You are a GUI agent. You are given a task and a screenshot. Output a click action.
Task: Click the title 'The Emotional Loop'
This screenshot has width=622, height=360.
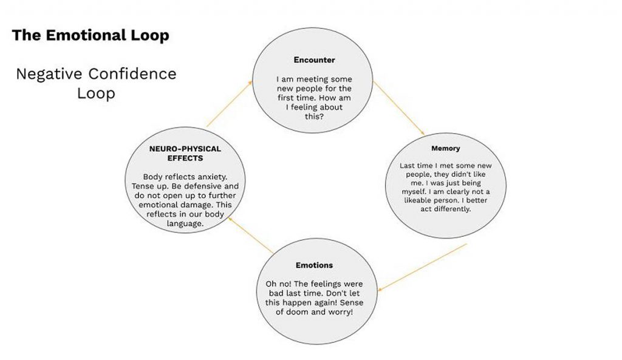(90, 35)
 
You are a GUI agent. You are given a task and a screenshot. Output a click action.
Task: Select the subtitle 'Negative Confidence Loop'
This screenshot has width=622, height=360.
(96, 83)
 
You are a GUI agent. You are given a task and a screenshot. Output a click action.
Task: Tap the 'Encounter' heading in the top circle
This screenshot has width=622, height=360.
(314, 60)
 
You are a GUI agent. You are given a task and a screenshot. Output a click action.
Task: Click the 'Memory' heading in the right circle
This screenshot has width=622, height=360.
(445, 148)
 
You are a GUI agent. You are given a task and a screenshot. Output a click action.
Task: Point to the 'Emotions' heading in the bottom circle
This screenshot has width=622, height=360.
(314, 265)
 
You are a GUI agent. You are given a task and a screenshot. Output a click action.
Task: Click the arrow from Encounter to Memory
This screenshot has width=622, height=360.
(398, 107)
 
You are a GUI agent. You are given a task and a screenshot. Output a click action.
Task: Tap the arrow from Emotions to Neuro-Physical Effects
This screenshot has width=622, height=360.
(249, 235)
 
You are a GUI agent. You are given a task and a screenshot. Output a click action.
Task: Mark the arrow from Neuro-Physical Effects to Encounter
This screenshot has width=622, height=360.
(230, 104)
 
